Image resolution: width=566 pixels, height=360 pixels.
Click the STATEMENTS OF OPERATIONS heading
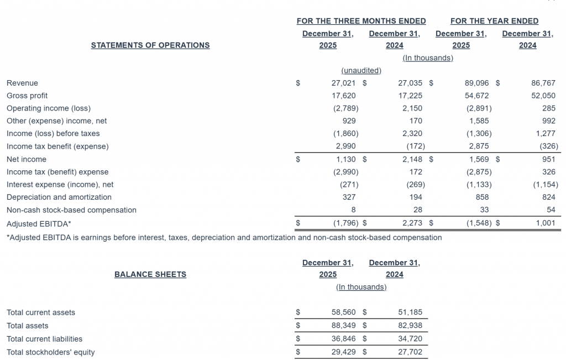tap(150, 45)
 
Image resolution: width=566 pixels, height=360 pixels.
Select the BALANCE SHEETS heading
tap(150, 274)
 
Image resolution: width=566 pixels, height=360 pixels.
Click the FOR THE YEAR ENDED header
tap(494, 21)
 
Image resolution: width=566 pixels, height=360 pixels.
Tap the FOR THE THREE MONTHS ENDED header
tap(361, 21)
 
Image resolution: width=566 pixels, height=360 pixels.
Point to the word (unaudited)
tap(361, 70)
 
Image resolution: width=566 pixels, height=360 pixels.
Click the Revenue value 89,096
tap(478, 83)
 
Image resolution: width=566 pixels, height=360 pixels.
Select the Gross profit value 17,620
tap(344, 96)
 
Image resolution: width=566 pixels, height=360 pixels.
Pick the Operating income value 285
tap(549, 108)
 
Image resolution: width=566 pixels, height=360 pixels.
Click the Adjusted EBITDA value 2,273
tap(410, 223)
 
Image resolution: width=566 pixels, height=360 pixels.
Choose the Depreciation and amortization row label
tap(59, 197)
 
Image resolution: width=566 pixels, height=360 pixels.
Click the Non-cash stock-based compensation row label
tap(71, 210)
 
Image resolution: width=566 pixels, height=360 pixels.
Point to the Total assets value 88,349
tap(344, 326)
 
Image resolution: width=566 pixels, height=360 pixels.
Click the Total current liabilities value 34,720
tap(410, 339)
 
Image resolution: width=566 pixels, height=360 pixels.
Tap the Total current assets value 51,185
tap(410, 312)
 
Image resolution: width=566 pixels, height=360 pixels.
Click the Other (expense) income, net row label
tap(57, 121)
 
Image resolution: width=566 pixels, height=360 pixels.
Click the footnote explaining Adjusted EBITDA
tap(224, 238)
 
